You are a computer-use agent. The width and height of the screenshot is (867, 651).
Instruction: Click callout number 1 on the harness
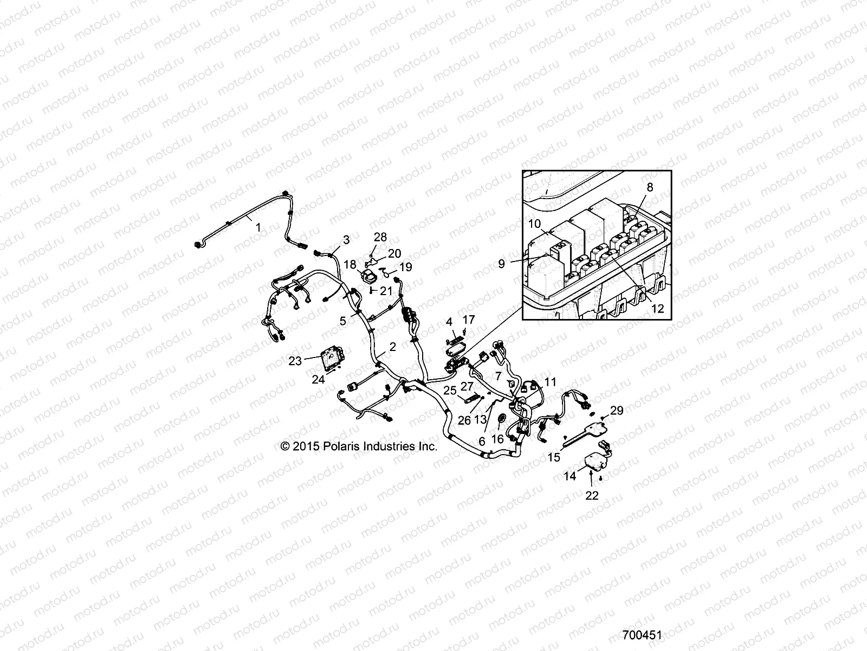pyautogui.click(x=258, y=228)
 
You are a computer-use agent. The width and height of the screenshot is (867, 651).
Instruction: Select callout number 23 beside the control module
pyautogui.click(x=295, y=361)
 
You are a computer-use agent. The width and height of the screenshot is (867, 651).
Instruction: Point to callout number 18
pyautogui.click(x=350, y=264)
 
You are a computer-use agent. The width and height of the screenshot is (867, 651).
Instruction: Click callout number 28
pyautogui.click(x=380, y=237)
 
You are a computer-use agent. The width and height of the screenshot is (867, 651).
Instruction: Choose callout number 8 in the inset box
pyautogui.click(x=650, y=187)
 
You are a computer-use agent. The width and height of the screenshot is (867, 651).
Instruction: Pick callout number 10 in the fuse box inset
pyautogui.click(x=534, y=224)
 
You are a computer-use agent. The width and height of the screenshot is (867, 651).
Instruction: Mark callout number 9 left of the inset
pyautogui.click(x=501, y=264)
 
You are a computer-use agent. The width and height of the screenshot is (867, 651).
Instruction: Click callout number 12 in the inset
pyautogui.click(x=658, y=308)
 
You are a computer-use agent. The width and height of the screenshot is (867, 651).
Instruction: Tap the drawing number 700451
pyautogui.click(x=642, y=635)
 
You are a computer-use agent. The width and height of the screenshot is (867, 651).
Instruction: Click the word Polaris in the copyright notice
pyautogui.click(x=342, y=446)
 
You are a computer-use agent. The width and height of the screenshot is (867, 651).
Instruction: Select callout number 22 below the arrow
pyautogui.click(x=592, y=496)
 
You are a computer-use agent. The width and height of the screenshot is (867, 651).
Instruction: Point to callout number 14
pyautogui.click(x=570, y=476)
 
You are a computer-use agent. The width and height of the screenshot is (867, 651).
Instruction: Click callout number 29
pyautogui.click(x=617, y=411)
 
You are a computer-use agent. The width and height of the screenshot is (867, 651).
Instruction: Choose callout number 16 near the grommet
pyautogui.click(x=497, y=439)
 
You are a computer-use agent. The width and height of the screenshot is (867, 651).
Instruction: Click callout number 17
pyautogui.click(x=469, y=320)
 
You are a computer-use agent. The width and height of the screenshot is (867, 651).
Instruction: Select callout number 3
pyautogui.click(x=346, y=240)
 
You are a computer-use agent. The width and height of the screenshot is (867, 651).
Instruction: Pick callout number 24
pyautogui.click(x=319, y=379)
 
